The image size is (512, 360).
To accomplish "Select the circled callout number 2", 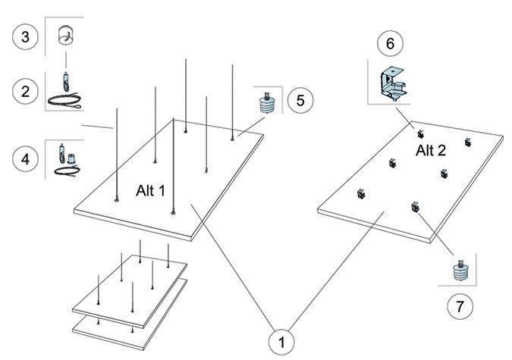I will pyautogui.click(x=26, y=92).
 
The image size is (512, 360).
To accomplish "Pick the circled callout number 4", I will pyautogui.click(x=26, y=159).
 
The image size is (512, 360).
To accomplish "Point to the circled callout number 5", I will pyautogui.click(x=300, y=100).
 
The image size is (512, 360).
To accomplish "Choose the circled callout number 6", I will pyautogui.click(x=390, y=43).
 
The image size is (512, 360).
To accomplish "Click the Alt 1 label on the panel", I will pyautogui.click(x=150, y=189).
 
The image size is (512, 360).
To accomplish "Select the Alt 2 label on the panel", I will pyautogui.click(x=431, y=150).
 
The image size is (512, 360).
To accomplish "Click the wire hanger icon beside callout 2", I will pyautogui.click(x=64, y=91).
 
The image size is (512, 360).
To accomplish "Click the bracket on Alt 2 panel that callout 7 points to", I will pyautogui.click(x=415, y=206).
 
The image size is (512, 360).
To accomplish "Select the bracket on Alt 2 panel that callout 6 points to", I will pyautogui.click(x=419, y=133).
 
